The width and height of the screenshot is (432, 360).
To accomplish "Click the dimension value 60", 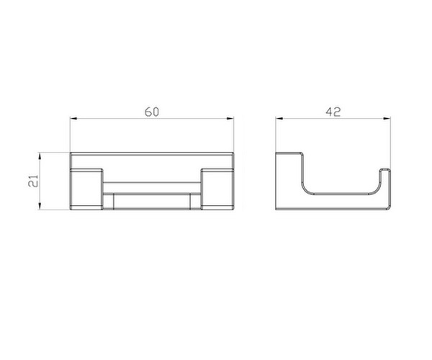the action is pos(152,112).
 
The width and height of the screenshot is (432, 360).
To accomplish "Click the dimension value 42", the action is pos(333,112).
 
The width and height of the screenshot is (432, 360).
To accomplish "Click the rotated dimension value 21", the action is pos(34,181).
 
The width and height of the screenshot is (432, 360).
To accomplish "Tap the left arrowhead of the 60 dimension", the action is pos(73,118).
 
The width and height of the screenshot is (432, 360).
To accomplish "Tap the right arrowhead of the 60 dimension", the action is pos(230,118).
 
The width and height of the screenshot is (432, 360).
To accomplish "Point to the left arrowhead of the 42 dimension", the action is pos(279,118).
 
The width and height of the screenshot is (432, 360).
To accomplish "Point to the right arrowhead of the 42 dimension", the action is pos(387,118).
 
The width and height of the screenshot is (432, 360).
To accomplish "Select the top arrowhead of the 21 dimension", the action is pos(40,156).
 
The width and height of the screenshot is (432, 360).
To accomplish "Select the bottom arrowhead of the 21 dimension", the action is pos(40,206).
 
